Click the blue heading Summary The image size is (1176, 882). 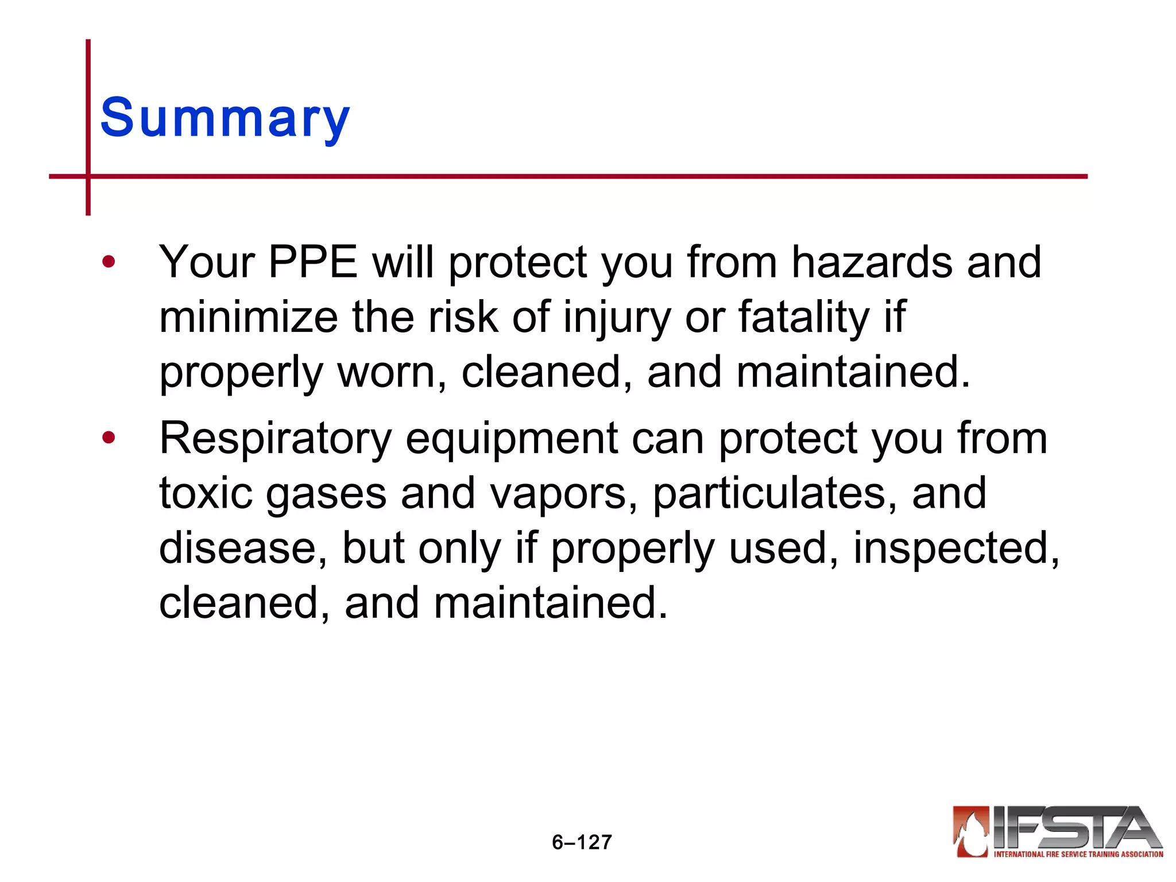coord(225,118)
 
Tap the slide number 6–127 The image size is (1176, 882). coord(582,842)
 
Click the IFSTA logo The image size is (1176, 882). coord(1057,832)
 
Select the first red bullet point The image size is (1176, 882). coord(108,262)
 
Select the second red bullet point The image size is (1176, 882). coord(108,439)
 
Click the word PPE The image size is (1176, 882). coord(313,262)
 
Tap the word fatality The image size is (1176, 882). coord(803,318)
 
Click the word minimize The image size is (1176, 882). coord(248,318)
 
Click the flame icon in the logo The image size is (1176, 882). coord(971,832)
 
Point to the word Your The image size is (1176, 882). coord(207,262)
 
